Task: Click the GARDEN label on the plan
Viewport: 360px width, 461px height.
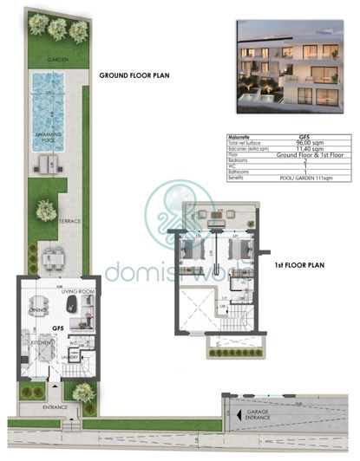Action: click(58, 59)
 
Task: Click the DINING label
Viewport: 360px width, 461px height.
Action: click(38, 309)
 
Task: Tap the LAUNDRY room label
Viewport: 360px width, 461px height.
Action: click(72, 356)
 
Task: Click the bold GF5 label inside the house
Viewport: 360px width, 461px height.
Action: click(58, 329)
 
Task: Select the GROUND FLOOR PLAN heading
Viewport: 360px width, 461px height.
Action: click(135, 75)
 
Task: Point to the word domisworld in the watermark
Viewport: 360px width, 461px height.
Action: click(178, 271)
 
